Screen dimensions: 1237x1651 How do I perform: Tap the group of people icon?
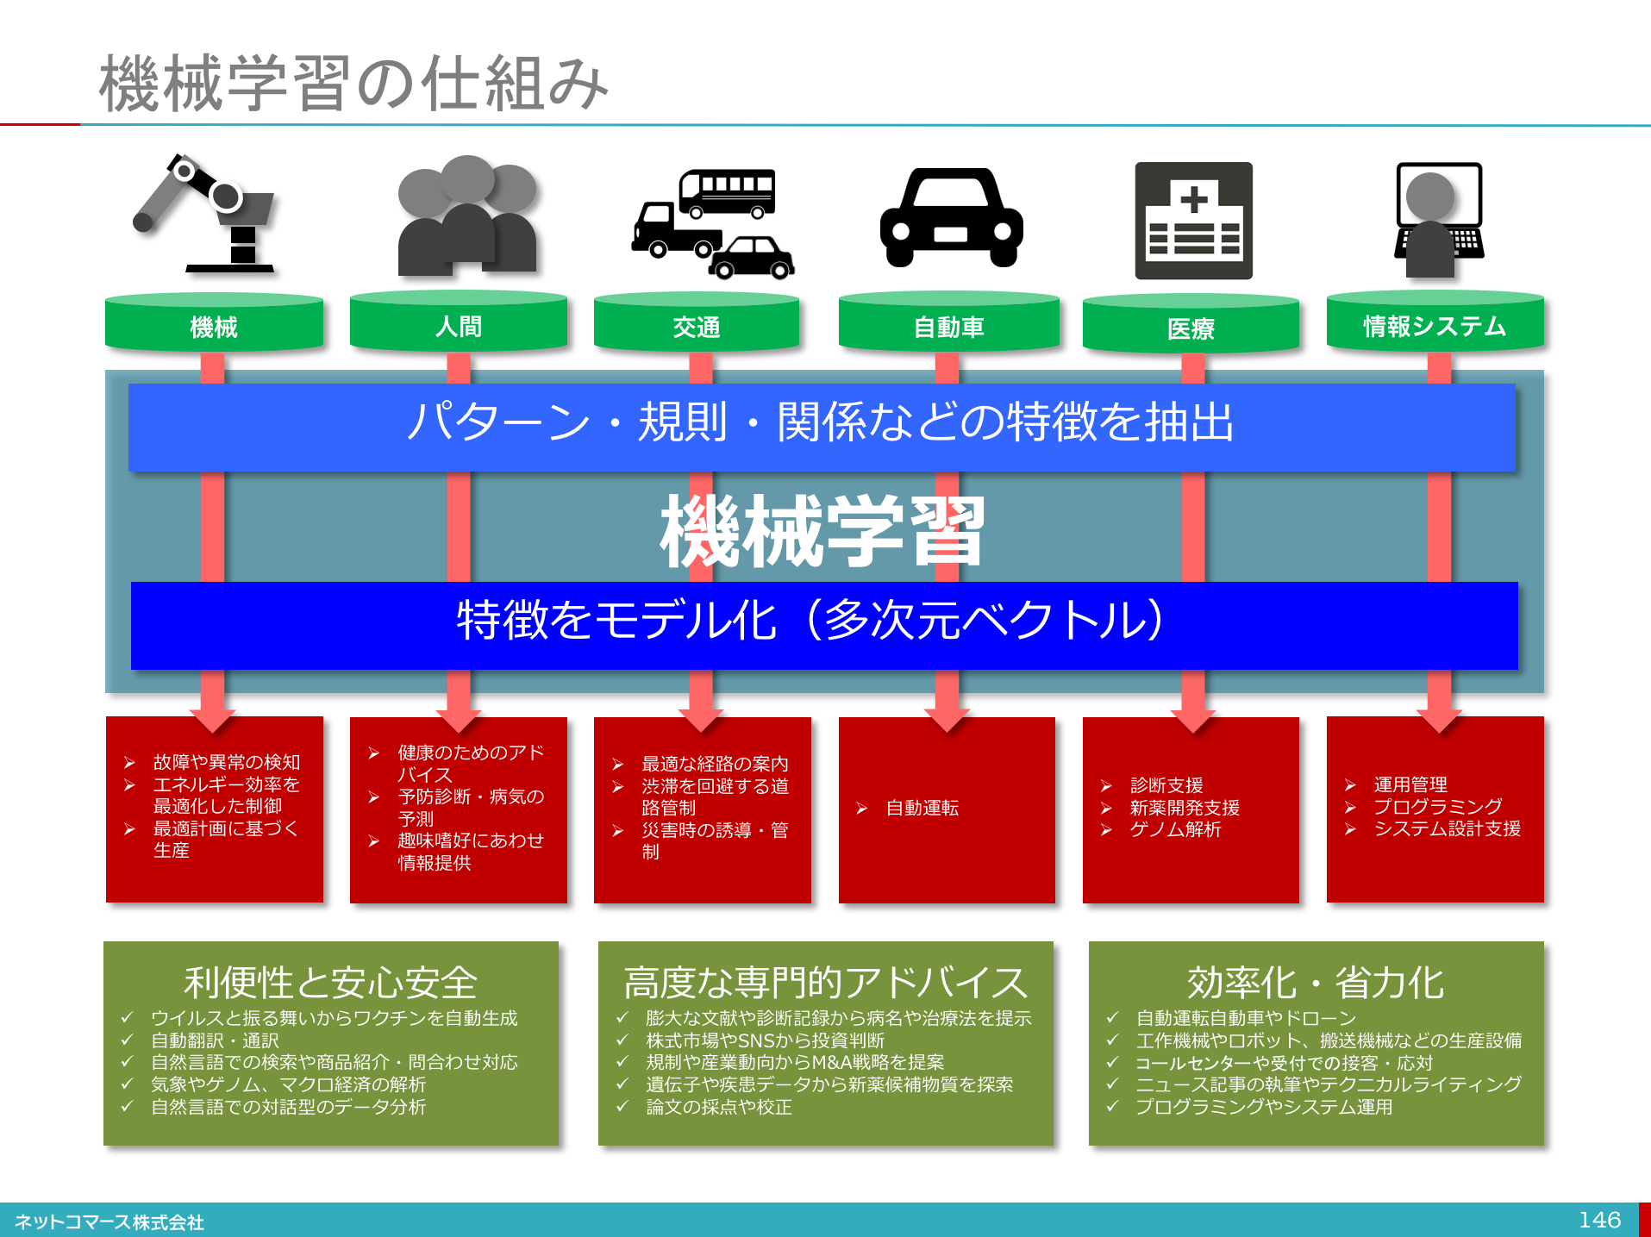click(x=466, y=216)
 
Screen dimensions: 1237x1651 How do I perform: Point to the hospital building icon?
click(x=1193, y=221)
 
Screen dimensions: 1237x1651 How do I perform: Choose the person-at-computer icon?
click(x=1438, y=221)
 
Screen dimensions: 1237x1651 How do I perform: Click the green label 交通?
click(x=697, y=328)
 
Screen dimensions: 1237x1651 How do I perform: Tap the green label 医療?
click(x=1191, y=328)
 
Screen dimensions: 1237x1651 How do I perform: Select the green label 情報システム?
click(x=1435, y=327)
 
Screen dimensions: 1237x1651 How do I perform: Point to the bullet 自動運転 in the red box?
click(x=922, y=808)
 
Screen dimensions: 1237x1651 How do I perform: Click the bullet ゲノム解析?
click(x=1175, y=829)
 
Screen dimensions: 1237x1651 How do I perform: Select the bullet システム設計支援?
click(x=1447, y=828)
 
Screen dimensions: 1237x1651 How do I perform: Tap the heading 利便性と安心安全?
click(x=330, y=982)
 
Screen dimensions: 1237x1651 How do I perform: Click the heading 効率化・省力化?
click(x=1315, y=982)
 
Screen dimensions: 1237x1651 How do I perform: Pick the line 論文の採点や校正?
click(x=718, y=1107)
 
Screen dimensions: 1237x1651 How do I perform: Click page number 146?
click(x=1599, y=1220)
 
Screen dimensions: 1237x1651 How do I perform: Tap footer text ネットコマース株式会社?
click(x=109, y=1222)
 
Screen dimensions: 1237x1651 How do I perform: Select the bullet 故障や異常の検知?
click(x=226, y=762)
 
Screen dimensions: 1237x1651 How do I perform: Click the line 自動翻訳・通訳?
click(x=215, y=1040)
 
